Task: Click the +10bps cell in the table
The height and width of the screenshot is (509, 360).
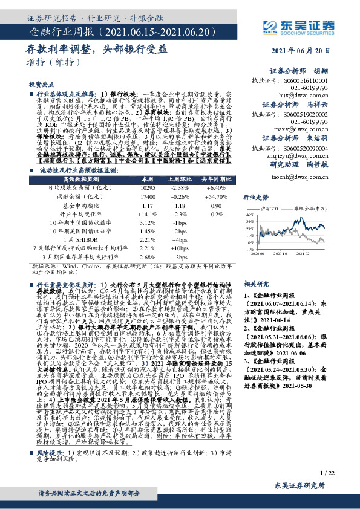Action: coord(180,248)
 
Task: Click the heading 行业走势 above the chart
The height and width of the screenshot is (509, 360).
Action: coord(255,197)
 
